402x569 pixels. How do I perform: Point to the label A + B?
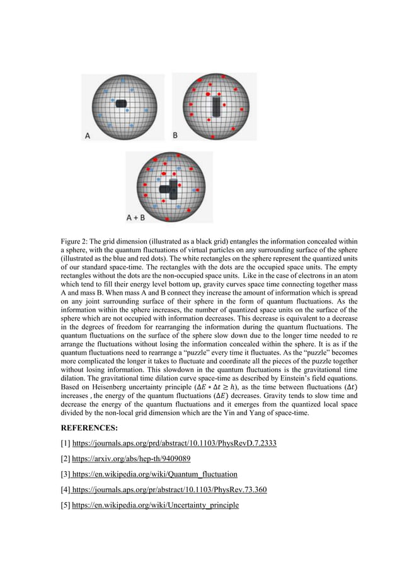click(x=135, y=218)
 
